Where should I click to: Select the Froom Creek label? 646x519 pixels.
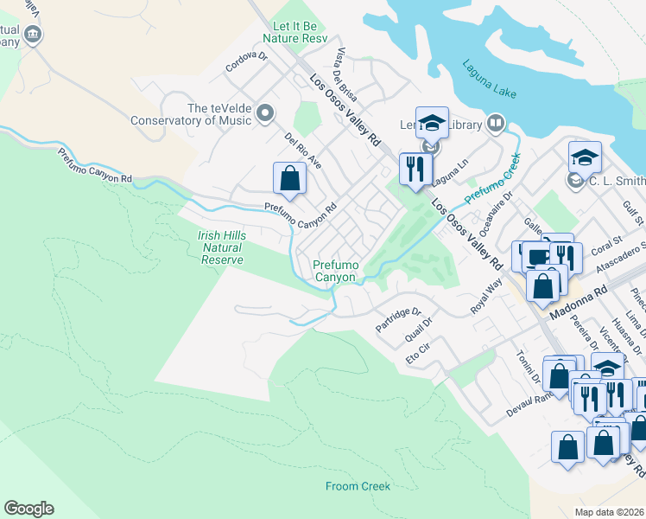[358, 486]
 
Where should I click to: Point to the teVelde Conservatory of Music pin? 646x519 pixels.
[265, 113]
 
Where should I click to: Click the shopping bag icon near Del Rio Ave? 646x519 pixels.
[290, 179]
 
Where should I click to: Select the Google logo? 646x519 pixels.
[28, 509]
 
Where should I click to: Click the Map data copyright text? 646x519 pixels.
[608, 512]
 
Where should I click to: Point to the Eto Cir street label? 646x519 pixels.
[418, 355]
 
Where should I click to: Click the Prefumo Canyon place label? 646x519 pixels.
[334, 271]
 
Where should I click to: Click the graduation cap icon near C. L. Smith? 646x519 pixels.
[585, 157]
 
